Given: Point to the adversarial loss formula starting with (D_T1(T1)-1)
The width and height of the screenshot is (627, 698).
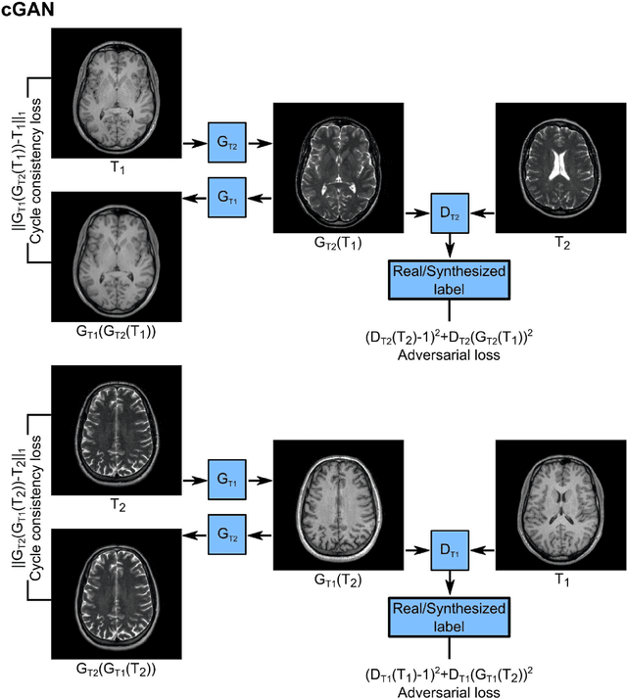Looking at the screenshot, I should pos(450,676).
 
